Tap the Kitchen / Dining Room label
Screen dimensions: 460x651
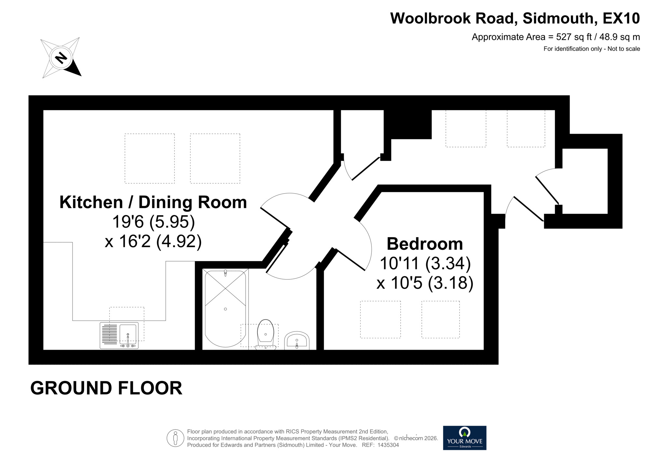pyautogui.click(x=153, y=202)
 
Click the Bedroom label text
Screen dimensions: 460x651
pyautogui.click(x=424, y=244)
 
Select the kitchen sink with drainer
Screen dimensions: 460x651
pyautogui.click(x=119, y=335)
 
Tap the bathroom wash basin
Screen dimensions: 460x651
pyautogui.click(x=297, y=341)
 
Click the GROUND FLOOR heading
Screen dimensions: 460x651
pyautogui.click(x=106, y=388)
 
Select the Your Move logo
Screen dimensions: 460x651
pyautogui.click(x=464, y=438)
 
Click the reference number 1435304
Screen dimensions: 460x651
pyautogui.click(x=388, y=445)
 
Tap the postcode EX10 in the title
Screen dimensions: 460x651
pyautogui.click(x=621, y=18)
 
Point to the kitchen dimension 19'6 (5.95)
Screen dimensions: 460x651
pyautogui.click(x=153, y=222)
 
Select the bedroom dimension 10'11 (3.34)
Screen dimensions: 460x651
pyautogui.click(x=425, y=263)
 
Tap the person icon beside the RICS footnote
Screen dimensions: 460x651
pyautogui.click(x=175, y=438)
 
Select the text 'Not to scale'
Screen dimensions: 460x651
pyautogui.click(x=624, y=49)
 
